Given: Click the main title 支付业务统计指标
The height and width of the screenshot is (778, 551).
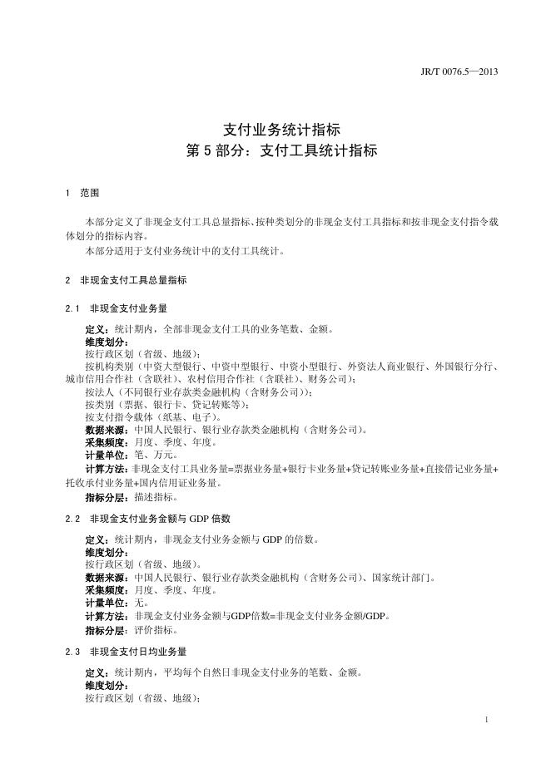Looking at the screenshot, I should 282,130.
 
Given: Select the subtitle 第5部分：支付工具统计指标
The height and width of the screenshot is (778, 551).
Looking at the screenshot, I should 282,151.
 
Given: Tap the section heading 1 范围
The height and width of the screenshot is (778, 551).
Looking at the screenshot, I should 82,193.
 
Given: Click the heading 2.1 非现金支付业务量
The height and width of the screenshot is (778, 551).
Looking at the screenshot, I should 122,308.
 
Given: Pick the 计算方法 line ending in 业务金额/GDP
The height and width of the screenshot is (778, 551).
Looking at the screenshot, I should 237,616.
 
